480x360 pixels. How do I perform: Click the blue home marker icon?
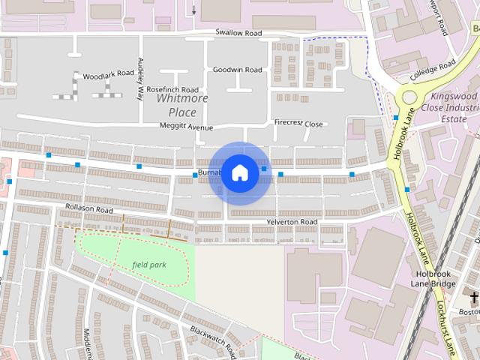tap(239, 172)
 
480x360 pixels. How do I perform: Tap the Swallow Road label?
tap(238, 33)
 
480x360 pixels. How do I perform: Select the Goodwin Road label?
tap(237, 70)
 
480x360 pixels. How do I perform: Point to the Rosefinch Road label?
tap(172, 89)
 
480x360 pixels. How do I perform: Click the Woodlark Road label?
tap(106, 76)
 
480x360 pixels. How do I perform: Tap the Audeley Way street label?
tap(140, 79)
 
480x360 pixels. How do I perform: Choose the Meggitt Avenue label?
tap(187, 127)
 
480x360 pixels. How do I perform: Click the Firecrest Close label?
tap(298, 123)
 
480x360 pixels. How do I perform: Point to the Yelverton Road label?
tap(292, 222)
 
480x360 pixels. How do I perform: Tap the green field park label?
tap(148, 265)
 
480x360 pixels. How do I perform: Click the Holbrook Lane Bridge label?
tap(435, 279)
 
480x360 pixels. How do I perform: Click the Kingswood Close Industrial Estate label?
tap(450, 107)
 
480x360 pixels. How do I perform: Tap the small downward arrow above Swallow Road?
tap(194, 10)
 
